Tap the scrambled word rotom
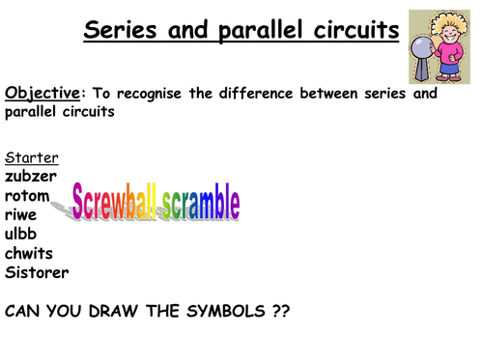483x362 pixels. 27,195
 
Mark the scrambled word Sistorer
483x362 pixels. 37,272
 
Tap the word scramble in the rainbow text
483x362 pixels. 200,204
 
